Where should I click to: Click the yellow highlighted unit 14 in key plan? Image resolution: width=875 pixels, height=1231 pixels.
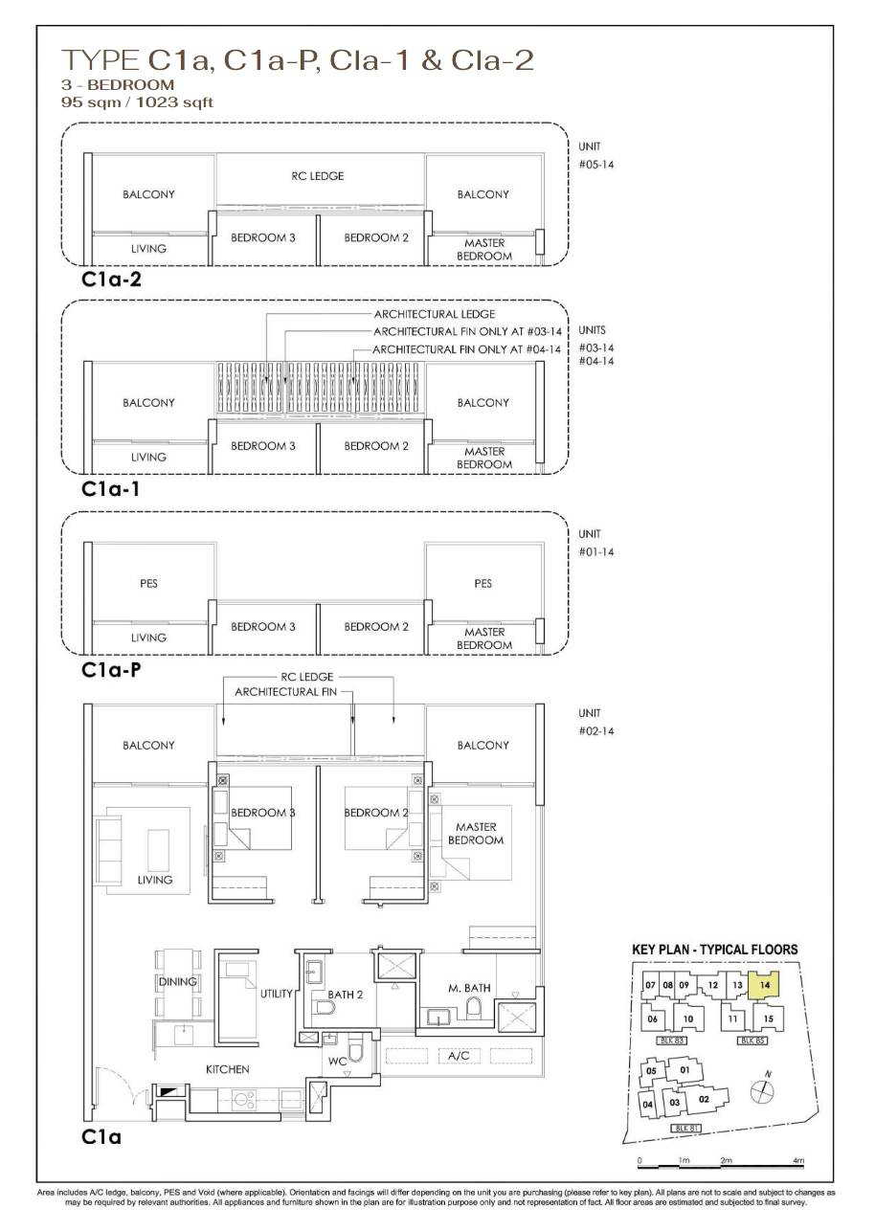[x=765, y=986]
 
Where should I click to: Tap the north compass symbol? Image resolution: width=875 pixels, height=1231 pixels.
[x=762, y=1088]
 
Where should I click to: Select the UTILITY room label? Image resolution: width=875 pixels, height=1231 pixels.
[x=276, y=993]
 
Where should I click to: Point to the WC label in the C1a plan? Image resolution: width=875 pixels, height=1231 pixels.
[x=338, y=1062]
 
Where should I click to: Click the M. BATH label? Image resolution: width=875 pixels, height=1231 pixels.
[x=469, y=988]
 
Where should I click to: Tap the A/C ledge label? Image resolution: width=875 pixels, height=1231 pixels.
[x=459, y=1055]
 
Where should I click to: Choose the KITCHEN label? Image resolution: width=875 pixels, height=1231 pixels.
[x=228, y=1069]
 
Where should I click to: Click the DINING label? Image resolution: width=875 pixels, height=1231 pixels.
[x=177, y=981]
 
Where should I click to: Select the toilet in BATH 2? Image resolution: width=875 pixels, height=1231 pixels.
[x=325, y=1007]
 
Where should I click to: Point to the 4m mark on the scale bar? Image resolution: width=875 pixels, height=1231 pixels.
[x=798, y=1160]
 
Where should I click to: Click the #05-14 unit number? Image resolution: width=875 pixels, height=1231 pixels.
[x=595, y=164]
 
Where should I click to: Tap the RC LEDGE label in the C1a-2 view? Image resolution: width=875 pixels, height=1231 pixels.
[x=317, y=176]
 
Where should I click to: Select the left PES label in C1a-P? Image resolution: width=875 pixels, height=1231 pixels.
[x=148, y=583]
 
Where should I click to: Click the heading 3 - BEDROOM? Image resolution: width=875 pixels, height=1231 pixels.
[x=118, y=84]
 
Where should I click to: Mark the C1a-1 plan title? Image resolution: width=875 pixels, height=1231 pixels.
[x=110, y=488]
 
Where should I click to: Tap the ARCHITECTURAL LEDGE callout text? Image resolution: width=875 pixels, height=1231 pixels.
[x=435, y=314]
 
